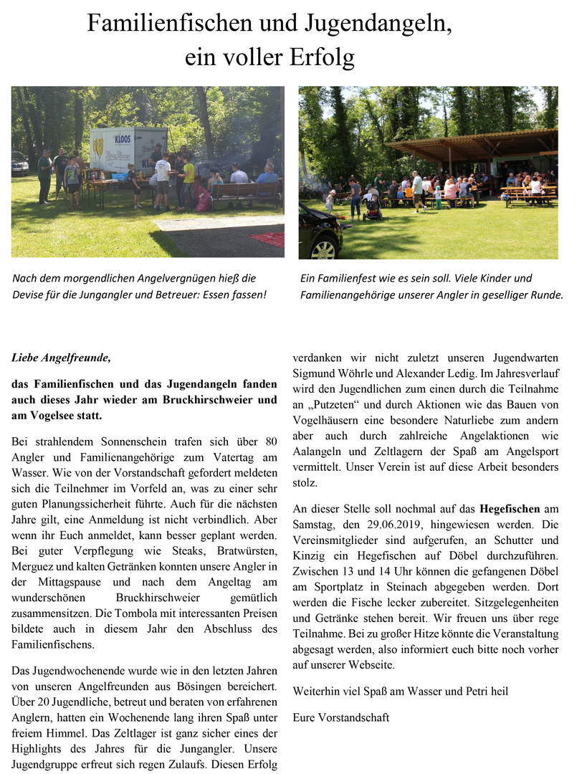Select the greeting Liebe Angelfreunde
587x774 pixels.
click(x=62, y=357)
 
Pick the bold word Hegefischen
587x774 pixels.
click(x=510, y=509)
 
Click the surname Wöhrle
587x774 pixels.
click(x=356, y=372)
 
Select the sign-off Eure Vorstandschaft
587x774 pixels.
click(x=341, y=717)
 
